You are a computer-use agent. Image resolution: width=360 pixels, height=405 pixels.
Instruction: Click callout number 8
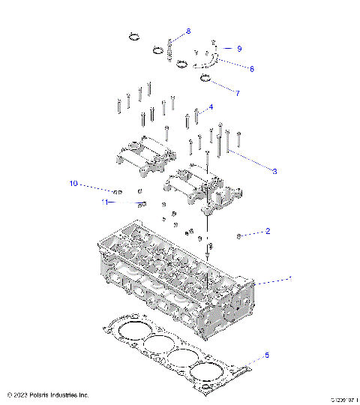[188, 31]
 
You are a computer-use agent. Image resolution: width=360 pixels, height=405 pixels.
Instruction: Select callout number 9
[239, 48]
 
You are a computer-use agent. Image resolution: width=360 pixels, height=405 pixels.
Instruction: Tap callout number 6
[251, 68]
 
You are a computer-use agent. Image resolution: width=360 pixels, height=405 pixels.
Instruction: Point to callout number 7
[238, 94]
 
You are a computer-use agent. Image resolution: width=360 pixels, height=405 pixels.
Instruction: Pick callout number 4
[211, 107]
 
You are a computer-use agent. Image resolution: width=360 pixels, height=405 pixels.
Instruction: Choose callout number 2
[267, 232]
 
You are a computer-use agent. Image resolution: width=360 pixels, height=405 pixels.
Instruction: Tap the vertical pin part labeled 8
[171, 49]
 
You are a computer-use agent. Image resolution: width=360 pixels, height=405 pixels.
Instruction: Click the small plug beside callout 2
[238, 236]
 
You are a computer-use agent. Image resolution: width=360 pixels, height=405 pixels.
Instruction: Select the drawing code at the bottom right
[340, 397]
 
